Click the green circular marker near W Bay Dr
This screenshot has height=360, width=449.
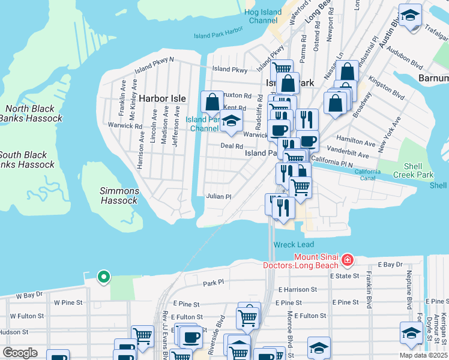coord(104,277)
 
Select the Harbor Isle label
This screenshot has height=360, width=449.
coord(163,98)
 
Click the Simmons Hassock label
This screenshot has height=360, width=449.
coord(119,196)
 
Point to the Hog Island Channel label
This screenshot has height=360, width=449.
coord(263,16)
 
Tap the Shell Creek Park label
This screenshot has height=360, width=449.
coord(413,170)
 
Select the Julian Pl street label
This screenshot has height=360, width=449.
coord(218,196)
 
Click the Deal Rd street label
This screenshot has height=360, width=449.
coord(231,146)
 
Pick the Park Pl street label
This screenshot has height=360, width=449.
coord(213,282)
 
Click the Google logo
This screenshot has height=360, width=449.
coord(20,352)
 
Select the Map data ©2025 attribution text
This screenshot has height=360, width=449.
coord(423,355)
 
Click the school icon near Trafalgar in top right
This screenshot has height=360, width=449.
coord(411,16)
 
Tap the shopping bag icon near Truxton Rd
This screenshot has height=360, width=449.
coord(212,103)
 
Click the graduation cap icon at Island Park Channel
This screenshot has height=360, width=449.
coord(231,122)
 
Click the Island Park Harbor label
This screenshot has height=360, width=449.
coord(218,35)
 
